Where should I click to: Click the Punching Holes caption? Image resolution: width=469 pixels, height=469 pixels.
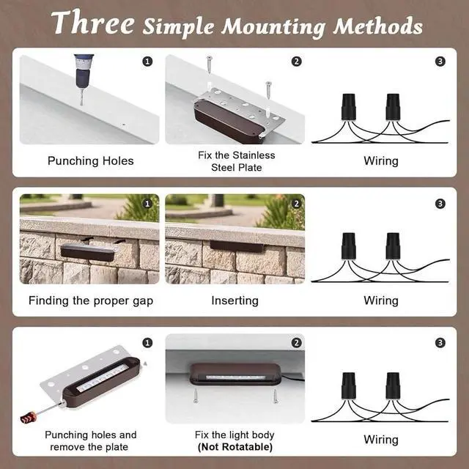pyautogui.click(x=91, y=160)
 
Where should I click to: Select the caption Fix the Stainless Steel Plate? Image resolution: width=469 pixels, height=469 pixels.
pyautogui.click(x=237, y=160)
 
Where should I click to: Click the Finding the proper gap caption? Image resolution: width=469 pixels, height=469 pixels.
pyautogui.click(x=91, y=300)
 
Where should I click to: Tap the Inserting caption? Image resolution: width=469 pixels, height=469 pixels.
pyautogui.click(x=234, y=300)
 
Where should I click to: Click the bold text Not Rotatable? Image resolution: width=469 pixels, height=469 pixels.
pyautogui.click(x=236, y=446)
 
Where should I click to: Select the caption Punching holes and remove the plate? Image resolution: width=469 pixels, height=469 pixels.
pyautogui.click(x=91, y=440)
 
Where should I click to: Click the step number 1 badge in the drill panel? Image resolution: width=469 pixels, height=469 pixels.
pyautogui.click(x=148, y=62)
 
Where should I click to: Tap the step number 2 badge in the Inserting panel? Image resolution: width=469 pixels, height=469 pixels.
pyautogui.click(x=296, y=203)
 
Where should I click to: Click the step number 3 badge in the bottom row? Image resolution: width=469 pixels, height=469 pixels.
pyautogui.click(x=440, y=342)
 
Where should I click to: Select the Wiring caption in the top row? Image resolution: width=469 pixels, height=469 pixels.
pyautogui.click(x=381, y=160)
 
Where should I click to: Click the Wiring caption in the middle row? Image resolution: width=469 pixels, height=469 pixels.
pyautogui.click(x=381, y=300)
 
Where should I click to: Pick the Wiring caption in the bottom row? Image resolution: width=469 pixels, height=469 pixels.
pyautogui.click(x=381, y=440)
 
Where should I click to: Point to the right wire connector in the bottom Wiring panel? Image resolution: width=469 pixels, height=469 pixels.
pyautogui.click(x=393, y=386)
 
